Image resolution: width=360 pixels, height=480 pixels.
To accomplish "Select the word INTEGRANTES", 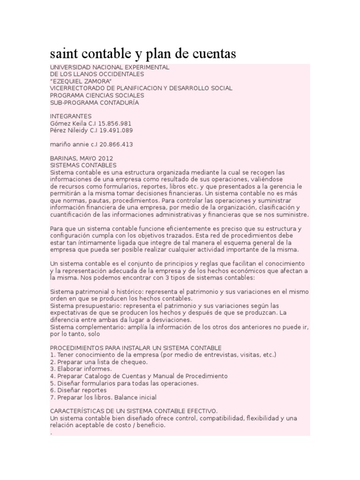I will [71, 116].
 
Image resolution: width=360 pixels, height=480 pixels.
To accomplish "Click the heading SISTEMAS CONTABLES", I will [83, 165].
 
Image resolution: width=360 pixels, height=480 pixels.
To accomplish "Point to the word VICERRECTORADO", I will [77, 88].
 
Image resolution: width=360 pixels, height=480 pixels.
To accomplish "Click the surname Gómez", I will [60, 123].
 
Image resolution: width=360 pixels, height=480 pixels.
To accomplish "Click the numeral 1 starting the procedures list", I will [52, 355].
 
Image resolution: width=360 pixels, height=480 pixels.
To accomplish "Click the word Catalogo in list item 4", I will [101, 376].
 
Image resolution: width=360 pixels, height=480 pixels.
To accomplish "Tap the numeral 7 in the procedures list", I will [52, 397].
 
